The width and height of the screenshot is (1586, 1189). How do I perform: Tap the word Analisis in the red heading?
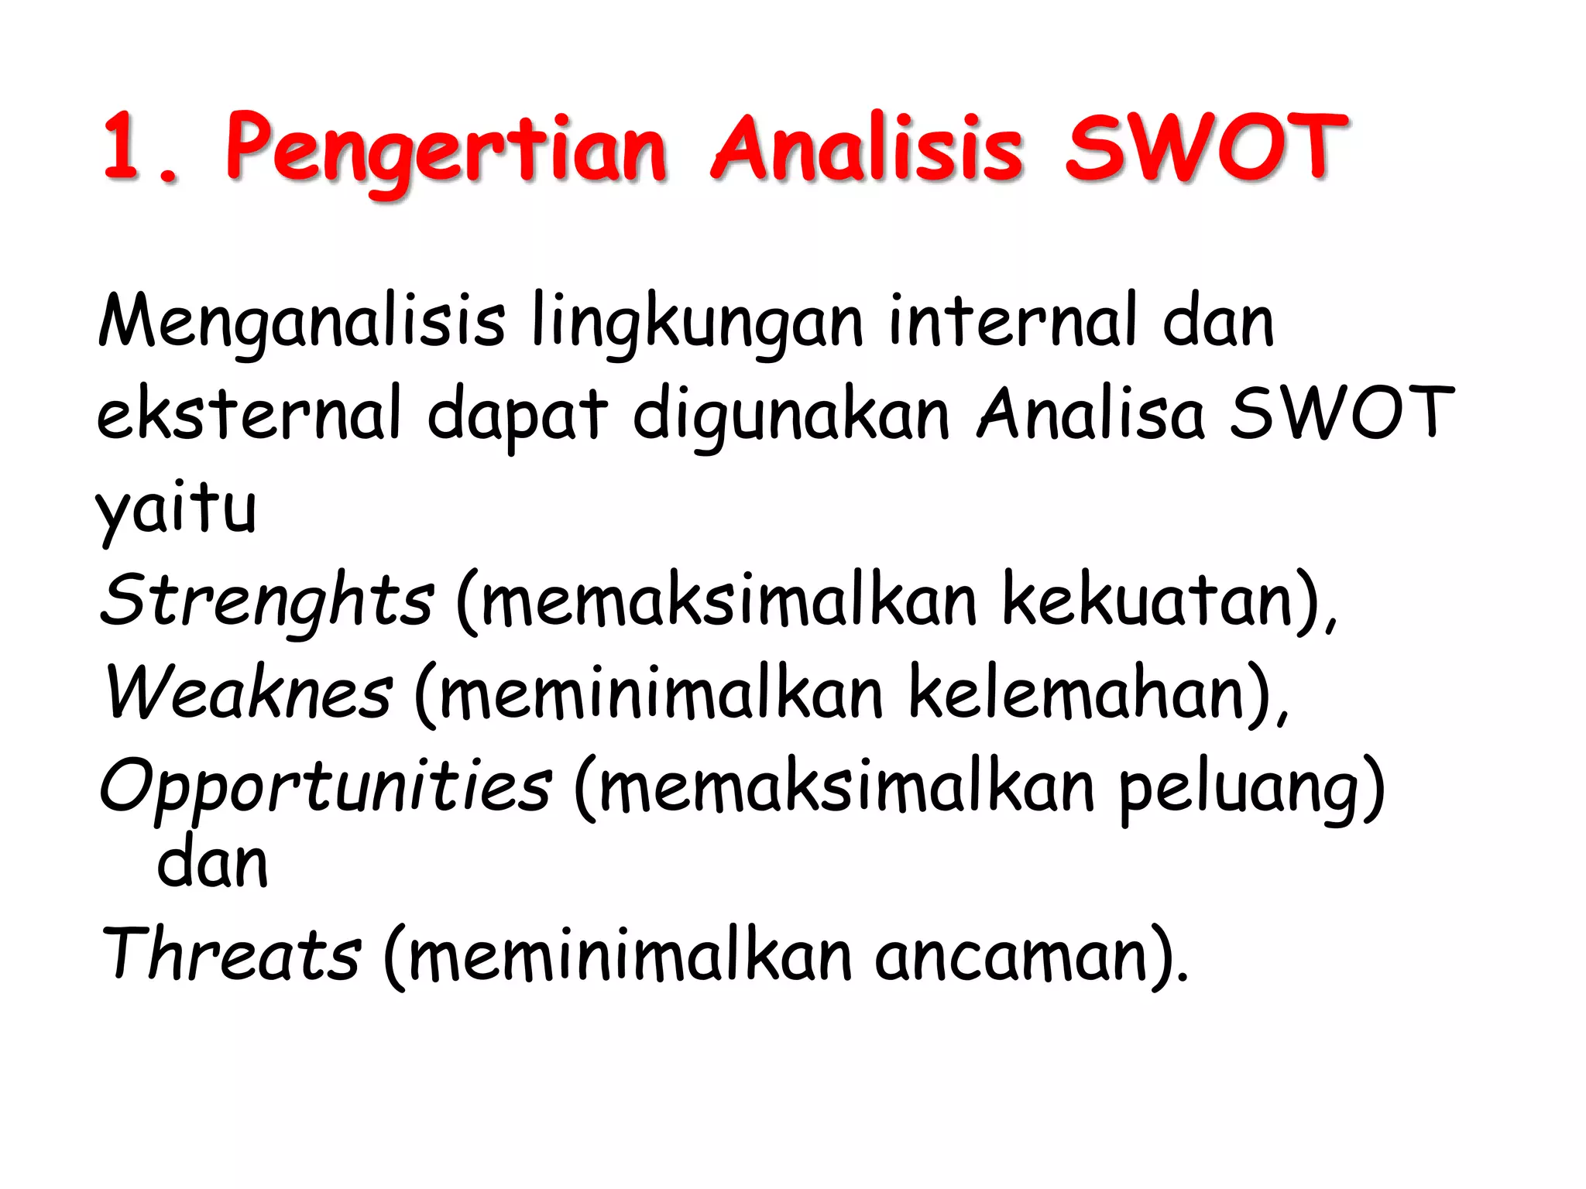click(x=867, y=147)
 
